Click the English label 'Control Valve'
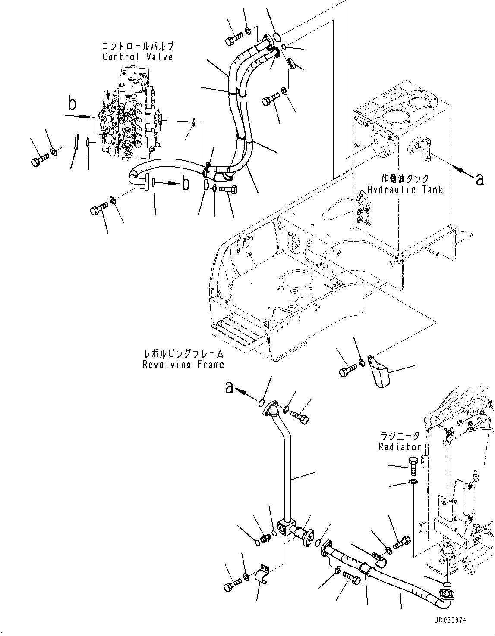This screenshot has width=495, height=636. click(x=138, y=56)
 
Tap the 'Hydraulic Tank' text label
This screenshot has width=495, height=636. click(x=405, y=190)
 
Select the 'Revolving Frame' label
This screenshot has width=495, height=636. click(x=183, y=365)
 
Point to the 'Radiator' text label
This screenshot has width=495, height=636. click(x=400, y=446)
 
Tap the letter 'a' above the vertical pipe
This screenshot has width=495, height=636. click(x=230, y=388)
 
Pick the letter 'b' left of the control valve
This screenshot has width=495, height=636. click(x=73, y=105)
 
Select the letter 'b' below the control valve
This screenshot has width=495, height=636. click(x=185, y=184)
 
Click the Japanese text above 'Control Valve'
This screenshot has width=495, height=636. click(x=138, y=46)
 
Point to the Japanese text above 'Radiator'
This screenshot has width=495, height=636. click(x=400, y=436)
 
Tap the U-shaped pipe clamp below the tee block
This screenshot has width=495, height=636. click(x=262, y=584)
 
